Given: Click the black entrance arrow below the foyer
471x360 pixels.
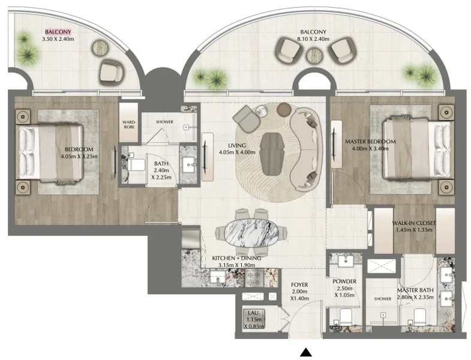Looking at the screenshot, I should tap(306, 352).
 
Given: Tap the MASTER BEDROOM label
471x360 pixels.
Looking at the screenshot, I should tap(370, 142).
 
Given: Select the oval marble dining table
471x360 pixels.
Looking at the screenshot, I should tap(247, 231).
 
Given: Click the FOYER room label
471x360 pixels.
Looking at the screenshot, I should tap(299, 285).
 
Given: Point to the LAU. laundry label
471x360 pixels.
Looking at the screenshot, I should tap(253, 313).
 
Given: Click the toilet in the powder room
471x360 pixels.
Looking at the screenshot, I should tap(345, 317).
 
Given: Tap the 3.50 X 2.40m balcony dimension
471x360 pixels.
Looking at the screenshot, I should tap(58, 40).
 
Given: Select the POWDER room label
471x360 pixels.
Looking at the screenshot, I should tap(344, 281).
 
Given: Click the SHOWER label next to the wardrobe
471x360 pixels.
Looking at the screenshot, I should tap(164, 122).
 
